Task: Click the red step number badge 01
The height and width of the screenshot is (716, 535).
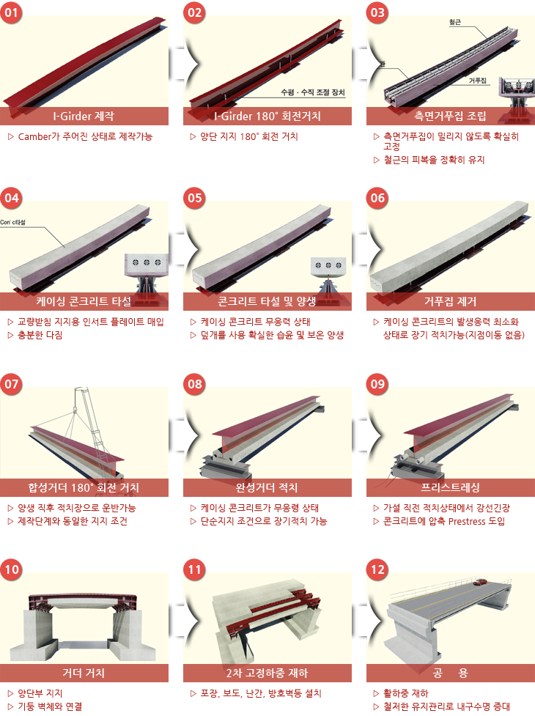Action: [x=12, y=12]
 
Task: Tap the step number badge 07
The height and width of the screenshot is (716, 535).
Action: [x=12, y=383]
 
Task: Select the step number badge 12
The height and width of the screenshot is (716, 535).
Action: [x=377, y=569]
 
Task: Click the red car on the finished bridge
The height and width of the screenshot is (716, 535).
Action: [x=479, y=582]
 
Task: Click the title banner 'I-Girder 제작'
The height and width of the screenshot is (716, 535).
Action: [x=84, y=116]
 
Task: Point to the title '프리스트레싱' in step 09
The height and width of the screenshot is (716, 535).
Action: [x=450, y=487]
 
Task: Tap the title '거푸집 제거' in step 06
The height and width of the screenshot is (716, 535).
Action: [x=450, y=301]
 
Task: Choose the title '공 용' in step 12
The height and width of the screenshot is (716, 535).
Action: [x=450, y=673]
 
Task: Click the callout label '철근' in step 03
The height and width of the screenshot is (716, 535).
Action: [x=455, y=22]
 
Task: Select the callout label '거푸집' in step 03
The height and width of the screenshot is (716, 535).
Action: [x=478, y=81]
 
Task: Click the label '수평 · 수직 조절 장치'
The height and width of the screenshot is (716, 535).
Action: [x=313, y=92]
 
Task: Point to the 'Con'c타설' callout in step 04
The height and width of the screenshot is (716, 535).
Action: [x=12, y=222]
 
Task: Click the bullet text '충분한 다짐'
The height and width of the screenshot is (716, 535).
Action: [x=40, y=335]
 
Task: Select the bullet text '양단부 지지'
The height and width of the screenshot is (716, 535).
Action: [x=40, y=693]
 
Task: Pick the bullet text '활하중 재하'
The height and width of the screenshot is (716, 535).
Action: [x=406, y=693]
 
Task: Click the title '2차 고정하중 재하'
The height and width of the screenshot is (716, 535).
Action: [x=267, y=673]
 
